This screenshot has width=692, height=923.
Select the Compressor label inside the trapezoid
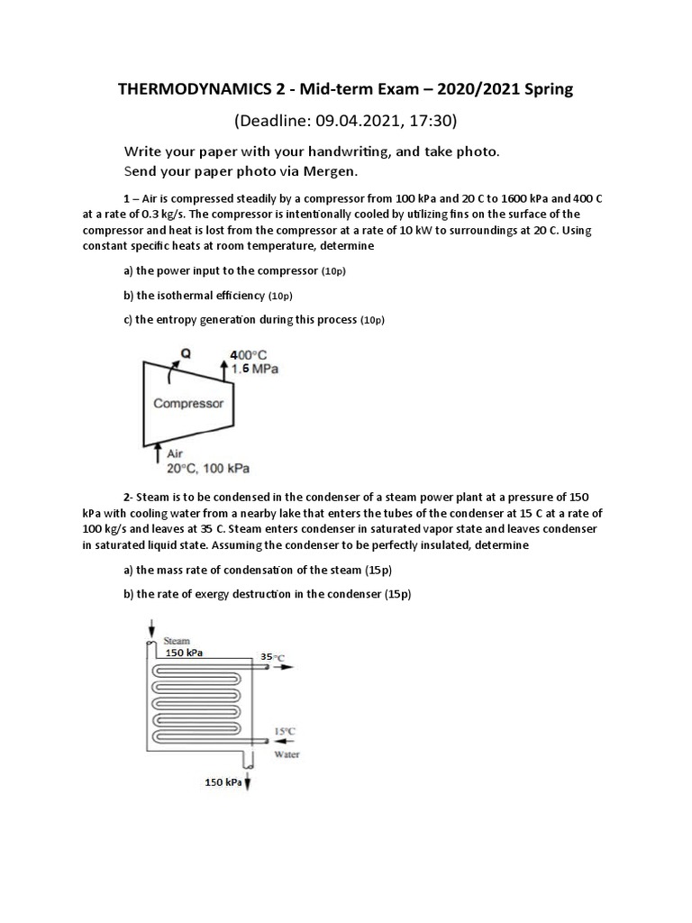click(188, 404)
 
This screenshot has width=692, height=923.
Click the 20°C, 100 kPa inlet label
click(208, 468)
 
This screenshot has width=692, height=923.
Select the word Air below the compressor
click(175, 454)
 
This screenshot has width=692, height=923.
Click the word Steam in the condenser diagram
click(177, 640)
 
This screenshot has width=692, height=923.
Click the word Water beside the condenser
click(287, 754)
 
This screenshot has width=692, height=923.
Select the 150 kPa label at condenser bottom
click(223, 782)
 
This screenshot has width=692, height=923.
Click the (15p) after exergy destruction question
click(397, 594)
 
